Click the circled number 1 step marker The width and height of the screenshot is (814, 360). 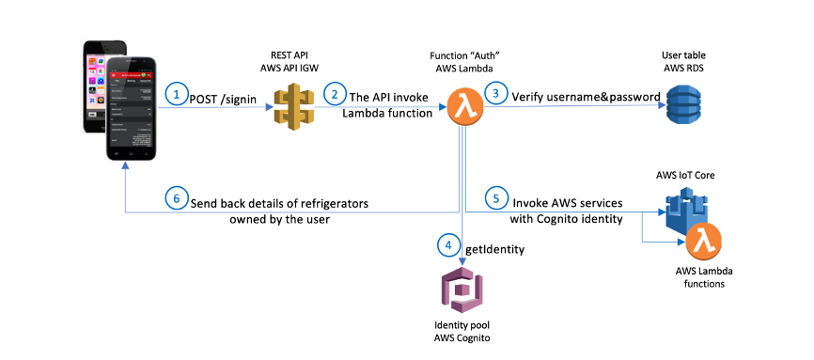(175, 95)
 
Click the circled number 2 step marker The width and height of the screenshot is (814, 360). (334, 95)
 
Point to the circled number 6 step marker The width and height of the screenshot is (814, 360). (175, 199)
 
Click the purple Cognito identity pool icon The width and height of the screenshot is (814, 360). (461, 292)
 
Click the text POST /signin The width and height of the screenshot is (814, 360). (222, 96)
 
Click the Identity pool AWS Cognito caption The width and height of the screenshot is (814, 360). (461, 333)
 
